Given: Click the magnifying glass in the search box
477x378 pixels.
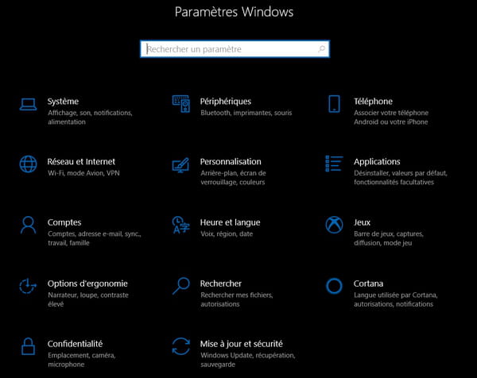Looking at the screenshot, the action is point(321,49).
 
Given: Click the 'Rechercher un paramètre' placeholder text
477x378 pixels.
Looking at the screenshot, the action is point(194,49).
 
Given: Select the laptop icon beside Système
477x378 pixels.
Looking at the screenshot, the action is point(29,104).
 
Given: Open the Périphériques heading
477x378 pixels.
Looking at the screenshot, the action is point(226,101).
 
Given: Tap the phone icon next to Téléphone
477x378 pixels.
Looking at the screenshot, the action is point(334,103).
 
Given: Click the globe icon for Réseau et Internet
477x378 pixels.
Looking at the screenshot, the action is point(29,164).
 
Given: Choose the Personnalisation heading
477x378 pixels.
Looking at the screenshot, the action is point(231,161).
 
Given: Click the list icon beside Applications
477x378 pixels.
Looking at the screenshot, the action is point(334,164).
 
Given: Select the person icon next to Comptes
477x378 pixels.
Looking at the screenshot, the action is point(28,225).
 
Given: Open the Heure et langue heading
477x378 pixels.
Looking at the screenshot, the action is point(230,222).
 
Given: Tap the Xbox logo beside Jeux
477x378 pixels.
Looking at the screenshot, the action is point(334,225).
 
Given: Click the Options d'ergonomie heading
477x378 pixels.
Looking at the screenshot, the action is point(87,283).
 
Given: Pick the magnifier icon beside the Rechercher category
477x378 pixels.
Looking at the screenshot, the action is point(181,286).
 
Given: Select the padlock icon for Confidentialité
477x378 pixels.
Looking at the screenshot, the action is point(28,346).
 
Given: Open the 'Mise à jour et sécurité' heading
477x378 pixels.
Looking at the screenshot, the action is point(242,344).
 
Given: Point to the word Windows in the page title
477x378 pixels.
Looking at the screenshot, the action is point(268,12).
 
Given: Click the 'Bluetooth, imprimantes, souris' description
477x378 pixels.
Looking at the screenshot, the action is point(246,113).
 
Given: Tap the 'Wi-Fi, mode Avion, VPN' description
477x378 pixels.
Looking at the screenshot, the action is point(83,173).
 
